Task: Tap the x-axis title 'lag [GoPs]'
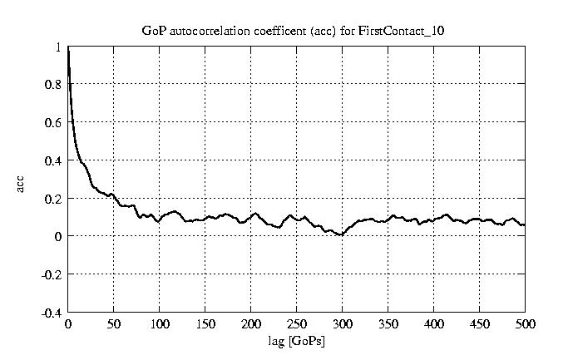[297, 342]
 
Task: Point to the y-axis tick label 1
[58, 47]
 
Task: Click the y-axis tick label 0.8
[53, 85]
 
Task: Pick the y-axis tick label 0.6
[53, 123]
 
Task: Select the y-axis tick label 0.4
[53, 160]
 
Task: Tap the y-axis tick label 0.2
[53, 199]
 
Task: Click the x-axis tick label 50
[114, 324]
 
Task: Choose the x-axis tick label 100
[160, 324]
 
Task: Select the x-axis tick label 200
[251, 324]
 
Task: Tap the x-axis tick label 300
[343, 324]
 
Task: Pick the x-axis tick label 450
[480, 324]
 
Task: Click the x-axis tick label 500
[525, 324]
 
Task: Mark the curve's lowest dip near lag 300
[340, 235]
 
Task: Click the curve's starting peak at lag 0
[68, 50]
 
